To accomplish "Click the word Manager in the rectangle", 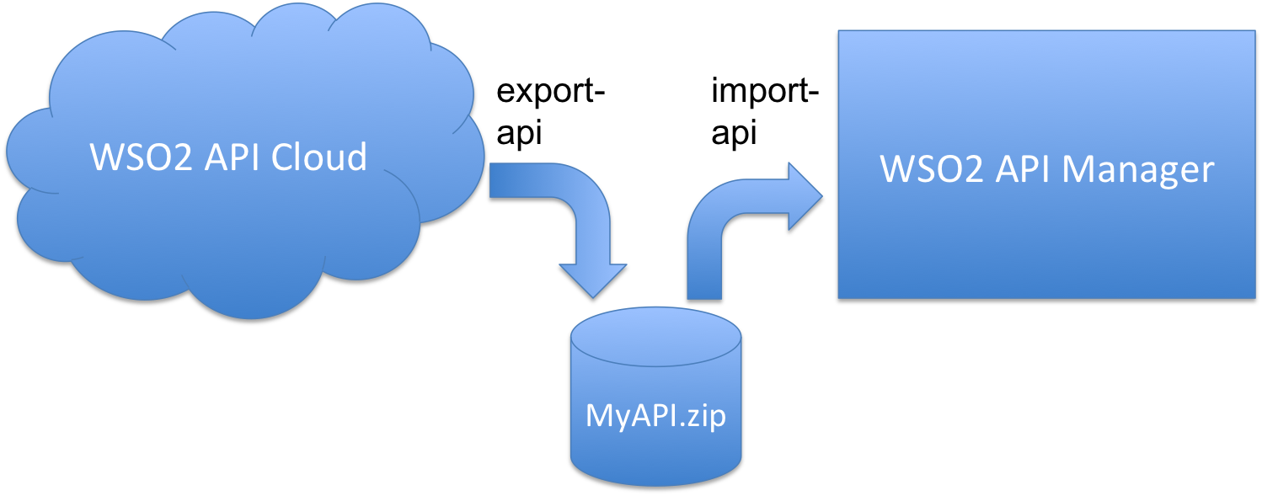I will pyautogui.click(x=1137, y=169).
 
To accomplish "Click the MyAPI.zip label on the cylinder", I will pyautogui.click(x=655, y=417).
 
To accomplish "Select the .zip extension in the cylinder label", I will pyautogui.click(x=700, y=417).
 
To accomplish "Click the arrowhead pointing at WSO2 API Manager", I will pyautogui.click(x=804, y=197).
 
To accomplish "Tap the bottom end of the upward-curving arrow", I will pyautogui.click(x=704, y=295).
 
